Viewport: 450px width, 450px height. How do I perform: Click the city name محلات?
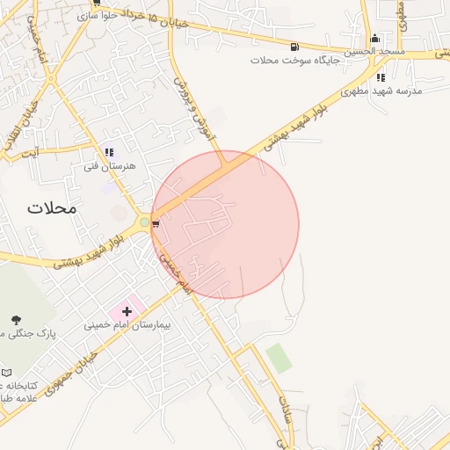tap(52, 208)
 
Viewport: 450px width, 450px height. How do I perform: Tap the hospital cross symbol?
tap(127, 311)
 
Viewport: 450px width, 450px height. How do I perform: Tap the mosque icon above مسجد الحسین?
tap(375, 38)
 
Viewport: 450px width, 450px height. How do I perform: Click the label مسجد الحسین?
tap(374, 52)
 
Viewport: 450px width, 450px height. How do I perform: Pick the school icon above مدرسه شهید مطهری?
tap(381, 77)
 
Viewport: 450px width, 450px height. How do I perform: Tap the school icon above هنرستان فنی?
tap(109, 152)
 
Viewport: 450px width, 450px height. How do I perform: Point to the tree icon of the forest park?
tap(16, 319)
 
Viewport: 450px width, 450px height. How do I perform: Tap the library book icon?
tap(7, 373)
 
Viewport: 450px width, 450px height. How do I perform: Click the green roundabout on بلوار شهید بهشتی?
tap(144, 222)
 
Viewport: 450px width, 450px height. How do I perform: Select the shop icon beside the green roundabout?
tap(156, 225)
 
